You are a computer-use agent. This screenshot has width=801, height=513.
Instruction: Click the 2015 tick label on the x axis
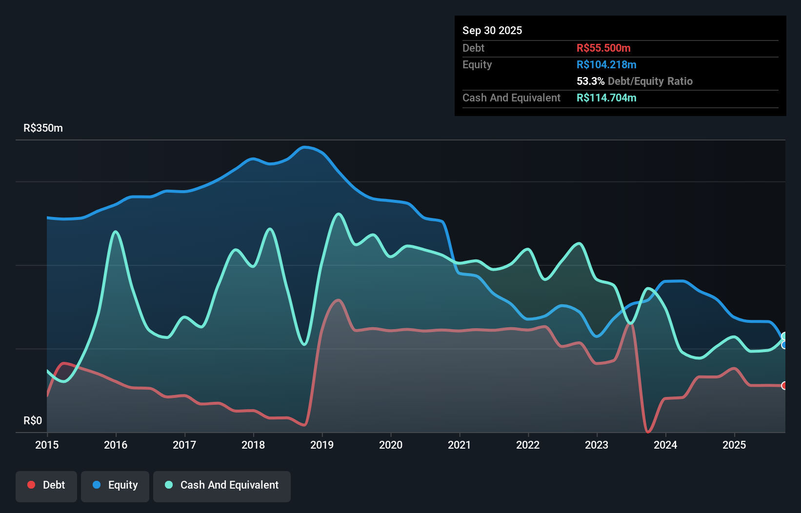(x=47, y=445)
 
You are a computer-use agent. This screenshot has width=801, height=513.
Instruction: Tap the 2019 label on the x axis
(x=322, y=445)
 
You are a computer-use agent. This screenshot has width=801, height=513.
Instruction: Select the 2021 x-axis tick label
(x=460, y=445)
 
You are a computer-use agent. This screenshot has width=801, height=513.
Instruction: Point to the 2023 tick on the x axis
(x=597, y=445)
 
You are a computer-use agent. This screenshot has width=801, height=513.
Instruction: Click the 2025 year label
(x=734, y=445)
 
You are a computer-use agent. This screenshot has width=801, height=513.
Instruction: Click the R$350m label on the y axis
(x=43, y=128)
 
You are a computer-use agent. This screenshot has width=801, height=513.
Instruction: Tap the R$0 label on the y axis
(x=33, y=420)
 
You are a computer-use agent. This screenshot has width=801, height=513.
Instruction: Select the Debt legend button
(x=46, y=485)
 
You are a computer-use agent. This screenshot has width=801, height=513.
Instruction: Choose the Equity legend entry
(x=115, y=485)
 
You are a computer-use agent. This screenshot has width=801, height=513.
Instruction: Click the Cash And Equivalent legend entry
(x=222, y=485)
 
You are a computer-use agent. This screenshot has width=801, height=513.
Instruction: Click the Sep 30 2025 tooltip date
(x=492, y=30)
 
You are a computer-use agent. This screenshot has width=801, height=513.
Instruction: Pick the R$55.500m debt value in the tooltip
(x=603, y=48)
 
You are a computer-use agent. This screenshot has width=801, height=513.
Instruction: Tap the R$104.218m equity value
(x=606, y=64)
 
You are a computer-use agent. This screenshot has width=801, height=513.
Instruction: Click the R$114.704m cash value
(x=606, y=98)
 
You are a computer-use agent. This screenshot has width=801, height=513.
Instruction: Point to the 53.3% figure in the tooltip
(x=590, y=81)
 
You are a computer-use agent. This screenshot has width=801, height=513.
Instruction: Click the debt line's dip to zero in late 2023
(x=648, y=432)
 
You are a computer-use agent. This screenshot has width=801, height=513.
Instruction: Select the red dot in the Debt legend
(x=31, y=485)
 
